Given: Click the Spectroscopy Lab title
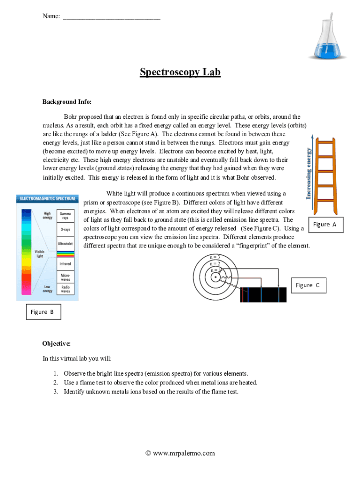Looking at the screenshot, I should coord(180,72).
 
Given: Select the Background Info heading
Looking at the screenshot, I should coord(67,102).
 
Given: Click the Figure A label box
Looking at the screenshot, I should coord(324,225).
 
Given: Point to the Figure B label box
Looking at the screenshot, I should coord(43,312).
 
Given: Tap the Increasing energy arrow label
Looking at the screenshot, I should coord(309,173).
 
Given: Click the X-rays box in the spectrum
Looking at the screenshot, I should coord(65,230).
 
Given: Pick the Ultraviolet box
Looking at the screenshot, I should coord(65,244).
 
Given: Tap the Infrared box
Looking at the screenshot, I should coord(65,264).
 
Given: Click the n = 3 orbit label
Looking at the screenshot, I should coord(215,257).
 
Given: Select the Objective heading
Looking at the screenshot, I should coord(57,343).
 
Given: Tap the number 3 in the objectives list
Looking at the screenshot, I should coord(55,392).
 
